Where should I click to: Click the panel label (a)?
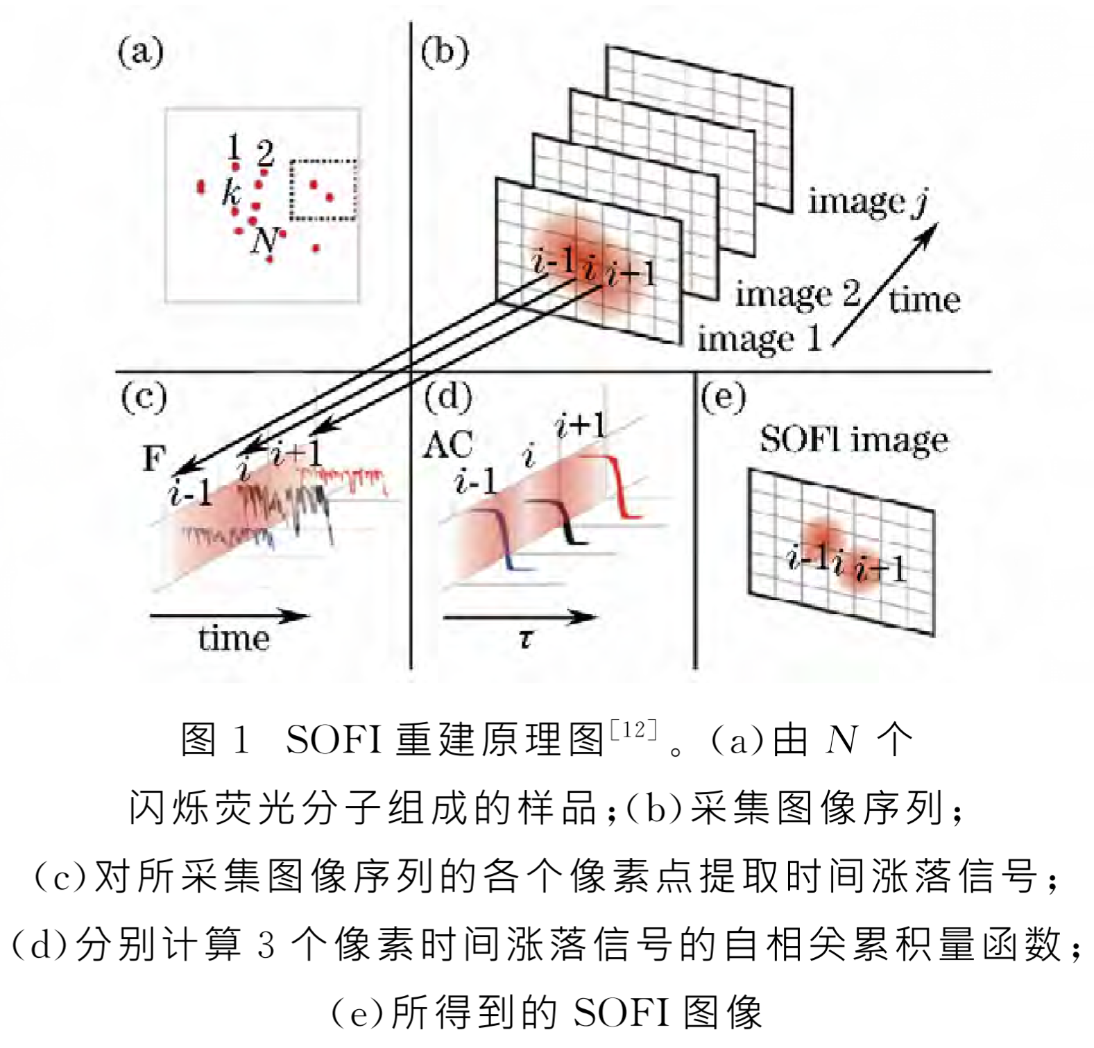[x=140, y=53]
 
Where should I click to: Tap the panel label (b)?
[x=445, y=53]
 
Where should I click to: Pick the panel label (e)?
[x=724, y=397]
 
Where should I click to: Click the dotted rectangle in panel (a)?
[x=323, y=190]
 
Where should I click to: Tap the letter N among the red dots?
[x=264, y=241]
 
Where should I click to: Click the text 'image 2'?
[x=797, y=294]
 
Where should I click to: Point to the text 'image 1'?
[x=760, y=339]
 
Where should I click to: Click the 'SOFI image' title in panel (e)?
[x=854, y=440]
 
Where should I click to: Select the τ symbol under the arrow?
[x=526, y=639]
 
